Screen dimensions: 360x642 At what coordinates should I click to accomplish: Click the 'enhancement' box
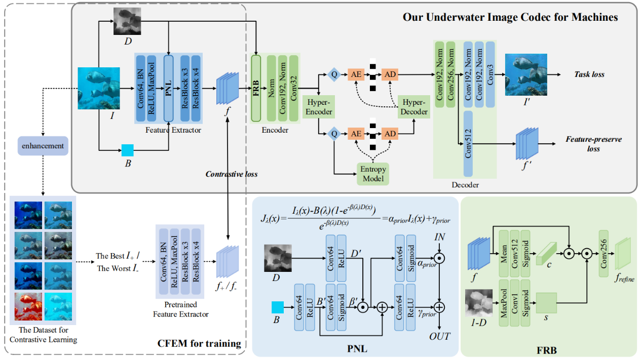(x=43, y=146)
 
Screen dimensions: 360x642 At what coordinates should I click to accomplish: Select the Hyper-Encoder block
(x=318, y=107)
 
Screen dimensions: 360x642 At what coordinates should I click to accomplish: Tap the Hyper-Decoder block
(x=413, y=107)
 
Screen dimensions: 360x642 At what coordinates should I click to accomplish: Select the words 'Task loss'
(x=590, y=74)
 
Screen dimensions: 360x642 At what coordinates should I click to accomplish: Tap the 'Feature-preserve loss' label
(x=593, y=144)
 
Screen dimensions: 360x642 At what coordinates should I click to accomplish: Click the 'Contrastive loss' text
(x=231, y=174)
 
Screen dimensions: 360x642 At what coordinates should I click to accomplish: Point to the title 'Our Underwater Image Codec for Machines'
(x=510, y=17)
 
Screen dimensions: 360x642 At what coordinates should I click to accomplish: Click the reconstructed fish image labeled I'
(x=526, y=74)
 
